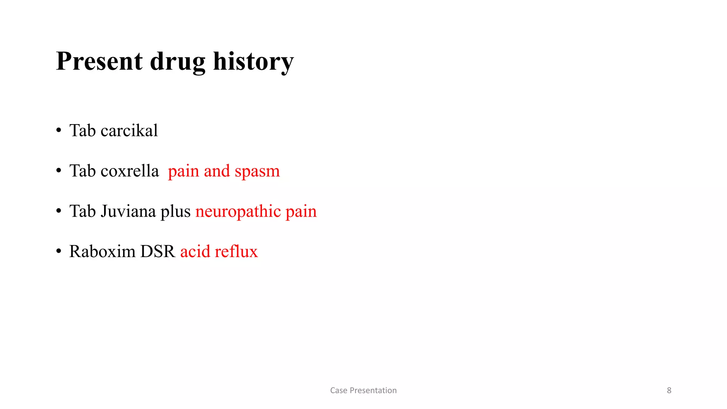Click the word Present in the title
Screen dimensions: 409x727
coord(99,61)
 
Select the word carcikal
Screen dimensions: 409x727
coord(129,131)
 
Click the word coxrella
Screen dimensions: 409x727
coord(130,171)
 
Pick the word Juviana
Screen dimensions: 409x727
coord(128,211)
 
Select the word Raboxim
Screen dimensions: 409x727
coord(102,252)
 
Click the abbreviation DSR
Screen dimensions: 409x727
coord(158,252)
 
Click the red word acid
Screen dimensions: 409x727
coord(195,252)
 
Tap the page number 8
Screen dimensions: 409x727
coord(669,391)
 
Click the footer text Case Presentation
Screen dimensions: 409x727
coord(363,391)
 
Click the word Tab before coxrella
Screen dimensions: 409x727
coord(82,171)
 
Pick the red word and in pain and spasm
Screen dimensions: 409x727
coord(217,171)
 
